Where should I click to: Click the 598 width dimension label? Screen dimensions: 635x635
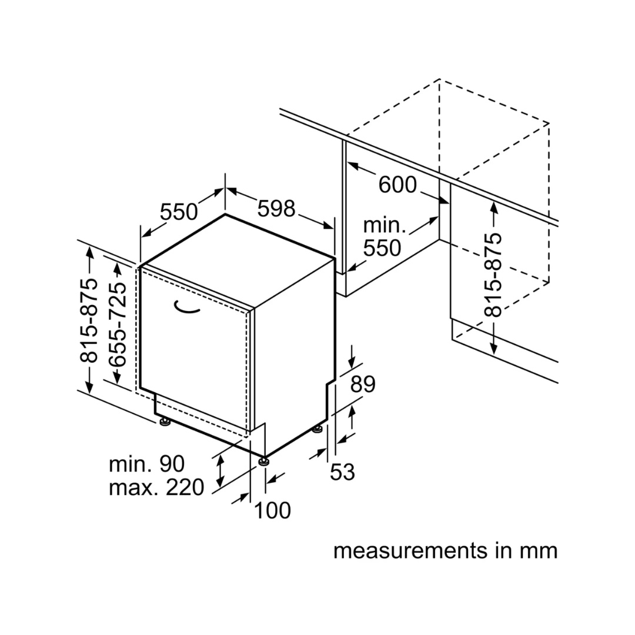tap(276, 209)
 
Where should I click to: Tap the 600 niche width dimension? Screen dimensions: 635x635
tap(397, 185)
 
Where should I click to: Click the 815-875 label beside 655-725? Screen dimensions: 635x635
tap(89, 320)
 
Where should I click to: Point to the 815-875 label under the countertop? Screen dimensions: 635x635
tap(493, 275)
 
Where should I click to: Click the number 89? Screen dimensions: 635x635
tap(363, 384)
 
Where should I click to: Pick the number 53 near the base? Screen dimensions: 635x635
tap(342, 472)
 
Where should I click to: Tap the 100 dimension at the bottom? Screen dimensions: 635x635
tap(272, 510)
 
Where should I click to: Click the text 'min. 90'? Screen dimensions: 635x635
tap(146, 464)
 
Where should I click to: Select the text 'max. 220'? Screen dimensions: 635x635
tap(156, 487)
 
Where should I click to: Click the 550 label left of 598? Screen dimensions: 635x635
tap(179, 212)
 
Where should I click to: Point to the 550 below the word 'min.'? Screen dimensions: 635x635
tap(382, 248)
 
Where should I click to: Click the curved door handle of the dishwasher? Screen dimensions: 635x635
tap(186, 308)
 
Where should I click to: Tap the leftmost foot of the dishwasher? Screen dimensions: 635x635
tap(165, 422)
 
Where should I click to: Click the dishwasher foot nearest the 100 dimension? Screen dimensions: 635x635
tap(265, 461)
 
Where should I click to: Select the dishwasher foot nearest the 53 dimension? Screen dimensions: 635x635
tap(318, 429)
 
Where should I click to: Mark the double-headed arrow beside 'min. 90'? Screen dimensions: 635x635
tap(220, 470)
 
